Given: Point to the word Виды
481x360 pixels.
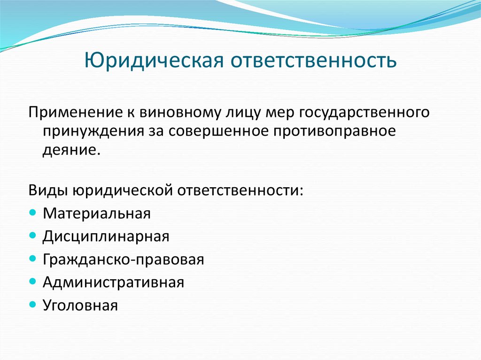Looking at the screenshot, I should click(47, 191).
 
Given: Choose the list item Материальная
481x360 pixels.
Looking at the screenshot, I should click(96, 214).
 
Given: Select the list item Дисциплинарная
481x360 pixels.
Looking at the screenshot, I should click(106, 237).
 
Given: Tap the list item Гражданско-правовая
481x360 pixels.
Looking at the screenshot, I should click(123, 260).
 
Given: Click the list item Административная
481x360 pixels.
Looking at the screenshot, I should click(113, 283).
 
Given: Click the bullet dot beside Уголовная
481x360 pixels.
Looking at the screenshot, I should click(32, 305).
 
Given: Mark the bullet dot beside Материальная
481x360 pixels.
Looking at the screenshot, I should click(32, 213).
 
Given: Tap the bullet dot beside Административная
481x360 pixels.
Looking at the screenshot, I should click(32, 282).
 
